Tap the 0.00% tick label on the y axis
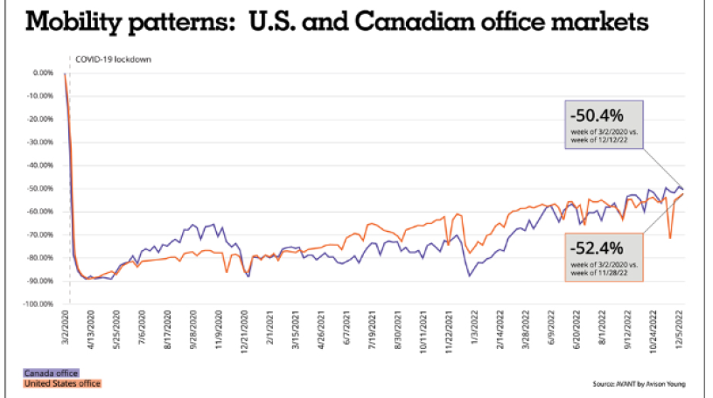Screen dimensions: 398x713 coord(43,73)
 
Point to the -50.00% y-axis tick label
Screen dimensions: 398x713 coord(40,188)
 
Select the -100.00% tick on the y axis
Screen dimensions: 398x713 coord(38,304)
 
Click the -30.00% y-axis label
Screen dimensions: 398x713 coord(40,142)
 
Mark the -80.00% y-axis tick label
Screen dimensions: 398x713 coord(40,258)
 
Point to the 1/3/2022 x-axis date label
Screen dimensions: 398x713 coord(474,332)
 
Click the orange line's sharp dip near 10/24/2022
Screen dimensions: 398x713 coord(670,237)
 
